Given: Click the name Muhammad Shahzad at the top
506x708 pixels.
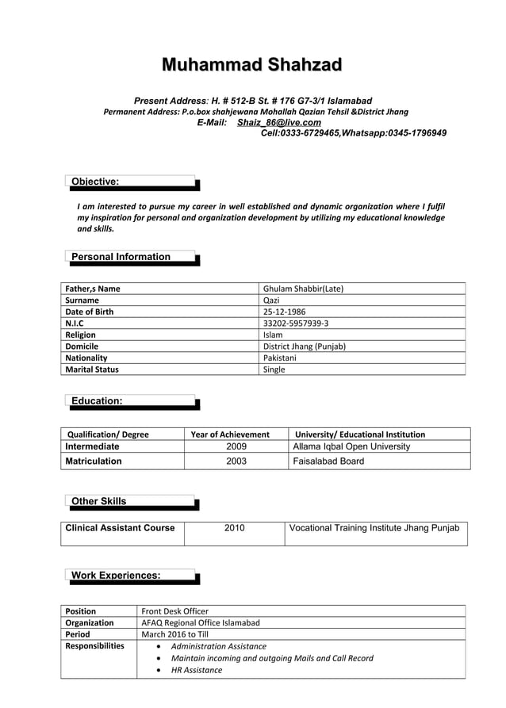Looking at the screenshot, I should [x=252, y=65].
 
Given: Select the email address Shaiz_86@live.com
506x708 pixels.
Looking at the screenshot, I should [x=278, y=123].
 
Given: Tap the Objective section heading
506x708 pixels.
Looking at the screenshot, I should [x=95, y=182].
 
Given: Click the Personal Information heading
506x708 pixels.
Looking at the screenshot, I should [x=121, y=257].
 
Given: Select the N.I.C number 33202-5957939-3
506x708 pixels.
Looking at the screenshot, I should [x=295, y=323].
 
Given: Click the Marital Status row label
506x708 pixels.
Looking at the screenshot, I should [x=92, y=369].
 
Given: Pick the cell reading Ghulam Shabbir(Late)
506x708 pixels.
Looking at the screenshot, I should [x=302, y=289].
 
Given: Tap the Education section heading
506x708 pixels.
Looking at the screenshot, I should [x=97, y=401].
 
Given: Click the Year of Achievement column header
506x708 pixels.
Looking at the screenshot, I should [x=231, y=434].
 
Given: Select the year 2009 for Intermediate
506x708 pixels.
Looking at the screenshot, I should [x=236, y=446].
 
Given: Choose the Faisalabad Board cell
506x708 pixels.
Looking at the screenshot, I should [x=328, y=461].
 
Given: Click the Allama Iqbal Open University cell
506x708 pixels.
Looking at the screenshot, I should [x=351, y=446].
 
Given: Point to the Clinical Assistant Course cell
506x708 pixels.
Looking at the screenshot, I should [x=120, y=528].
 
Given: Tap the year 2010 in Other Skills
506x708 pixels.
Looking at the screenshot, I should [x=235, y=528].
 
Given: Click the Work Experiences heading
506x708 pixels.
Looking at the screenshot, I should [x=116, y=575].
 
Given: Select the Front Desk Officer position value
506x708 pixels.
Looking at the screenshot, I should [x=174, y=611].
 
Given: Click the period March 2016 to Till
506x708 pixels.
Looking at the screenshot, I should [x=174, y=634].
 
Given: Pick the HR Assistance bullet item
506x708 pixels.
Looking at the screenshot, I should [x=197, y=670].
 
